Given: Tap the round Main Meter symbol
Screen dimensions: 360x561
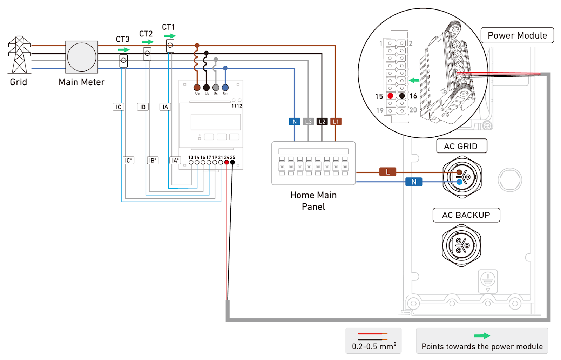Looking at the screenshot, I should click(x=82, y=57).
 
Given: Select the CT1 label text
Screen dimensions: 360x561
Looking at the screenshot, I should click(x=168, y=27).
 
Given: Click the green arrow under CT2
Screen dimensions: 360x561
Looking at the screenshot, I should click(x=148, y=42).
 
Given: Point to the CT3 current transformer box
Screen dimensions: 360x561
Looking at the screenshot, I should click(x=123, y=61).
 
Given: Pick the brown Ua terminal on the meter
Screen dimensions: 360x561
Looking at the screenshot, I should click(x=197, y=87).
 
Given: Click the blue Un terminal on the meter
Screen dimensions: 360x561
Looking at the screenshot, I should click(x=225, y=87).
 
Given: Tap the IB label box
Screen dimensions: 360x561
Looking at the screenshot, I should click(x=143, y=107).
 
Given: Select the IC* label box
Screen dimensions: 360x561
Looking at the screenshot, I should click(x=128, y=160).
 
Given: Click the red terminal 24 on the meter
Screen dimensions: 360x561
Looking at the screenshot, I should click(x=227, y=162).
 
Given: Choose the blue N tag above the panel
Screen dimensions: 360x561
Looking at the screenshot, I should click(x=295, y=122).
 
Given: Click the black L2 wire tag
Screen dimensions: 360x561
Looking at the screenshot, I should click(x=322, y=122).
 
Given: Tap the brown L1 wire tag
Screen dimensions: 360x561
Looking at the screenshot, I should click(x=336, y=122).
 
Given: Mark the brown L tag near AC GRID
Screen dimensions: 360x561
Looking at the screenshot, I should click(x=388, y=172).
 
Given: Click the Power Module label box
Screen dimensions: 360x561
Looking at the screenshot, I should click(x=517, y=35).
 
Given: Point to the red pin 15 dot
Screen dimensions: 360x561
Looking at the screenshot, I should click(x=390, y=96).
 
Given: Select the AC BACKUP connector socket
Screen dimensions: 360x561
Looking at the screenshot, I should click(x=461, y=245).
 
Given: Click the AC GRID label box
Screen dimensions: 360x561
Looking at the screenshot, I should click(x=461, y=146).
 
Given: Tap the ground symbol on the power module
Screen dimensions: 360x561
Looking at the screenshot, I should click(x=488, y=280).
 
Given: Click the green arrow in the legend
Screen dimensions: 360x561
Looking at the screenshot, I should click(x=482, y=336).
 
